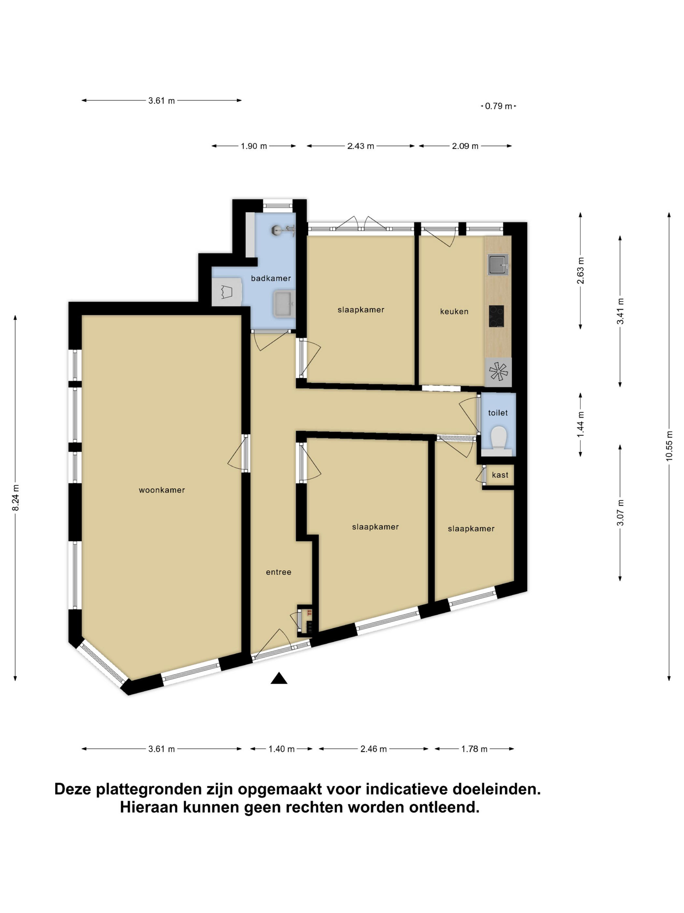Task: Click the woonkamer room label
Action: coord(162,490)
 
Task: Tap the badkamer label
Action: coord(271,278)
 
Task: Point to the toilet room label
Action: coord(498,413)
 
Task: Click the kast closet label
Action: coord(500,475)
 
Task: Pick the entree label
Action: coord(278,572)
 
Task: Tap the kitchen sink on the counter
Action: coord(498,264)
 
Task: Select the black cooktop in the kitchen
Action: coord(496,316)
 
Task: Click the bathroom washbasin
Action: coord(284,304)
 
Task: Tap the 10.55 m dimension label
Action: coord(669,445)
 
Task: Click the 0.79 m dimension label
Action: coord(498,106)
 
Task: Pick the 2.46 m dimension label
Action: coord(374,749)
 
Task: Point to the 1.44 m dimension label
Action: coord(580,425)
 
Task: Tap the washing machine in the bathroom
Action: coord(226,292)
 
